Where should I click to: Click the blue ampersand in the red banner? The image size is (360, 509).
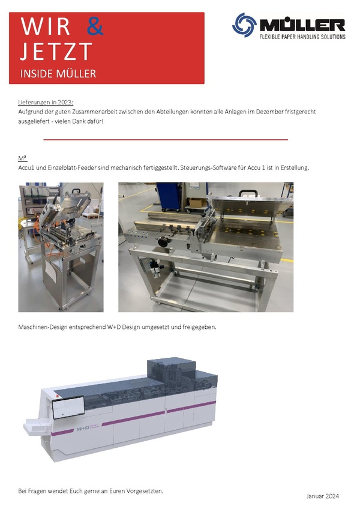click(95, 26)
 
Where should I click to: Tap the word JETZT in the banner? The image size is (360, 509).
click(56, 52)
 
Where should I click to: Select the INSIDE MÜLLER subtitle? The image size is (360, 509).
click(58, 74)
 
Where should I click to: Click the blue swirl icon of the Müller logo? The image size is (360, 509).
click(244, 25)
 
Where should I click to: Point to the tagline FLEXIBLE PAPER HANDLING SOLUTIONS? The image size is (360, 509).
click(302, 37)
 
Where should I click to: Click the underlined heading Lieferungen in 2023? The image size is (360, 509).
click(46, 103)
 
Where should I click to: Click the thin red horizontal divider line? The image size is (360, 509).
click(166, 140)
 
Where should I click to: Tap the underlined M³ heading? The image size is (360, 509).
click(22, 158)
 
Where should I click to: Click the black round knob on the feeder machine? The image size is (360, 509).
click(163, 242)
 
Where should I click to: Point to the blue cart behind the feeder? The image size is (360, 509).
click(169, 196)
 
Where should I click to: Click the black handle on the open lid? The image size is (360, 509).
click(248, 193)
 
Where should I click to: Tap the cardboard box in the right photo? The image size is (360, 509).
click(197, 202)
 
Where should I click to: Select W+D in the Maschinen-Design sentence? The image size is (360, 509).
click(113, 327)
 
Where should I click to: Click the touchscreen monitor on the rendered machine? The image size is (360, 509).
click(69, 408)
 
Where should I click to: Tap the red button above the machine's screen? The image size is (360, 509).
click(58, 396)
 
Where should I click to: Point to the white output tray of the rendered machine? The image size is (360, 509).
click(37, 427)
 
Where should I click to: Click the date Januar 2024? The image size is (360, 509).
click(322, 496)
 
